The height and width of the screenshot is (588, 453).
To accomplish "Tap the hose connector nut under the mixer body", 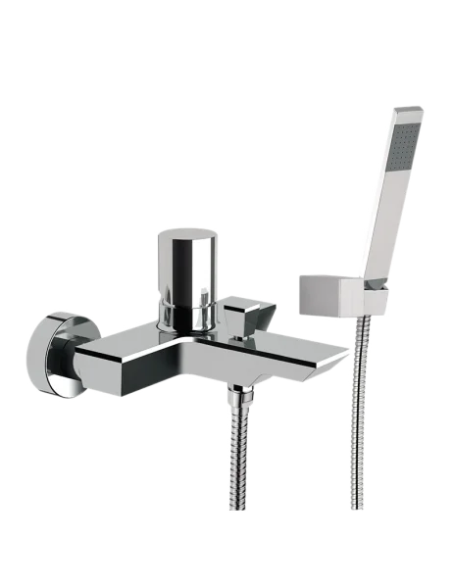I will point(236,396).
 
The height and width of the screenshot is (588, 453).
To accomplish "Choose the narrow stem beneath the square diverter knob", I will point(235,333).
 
